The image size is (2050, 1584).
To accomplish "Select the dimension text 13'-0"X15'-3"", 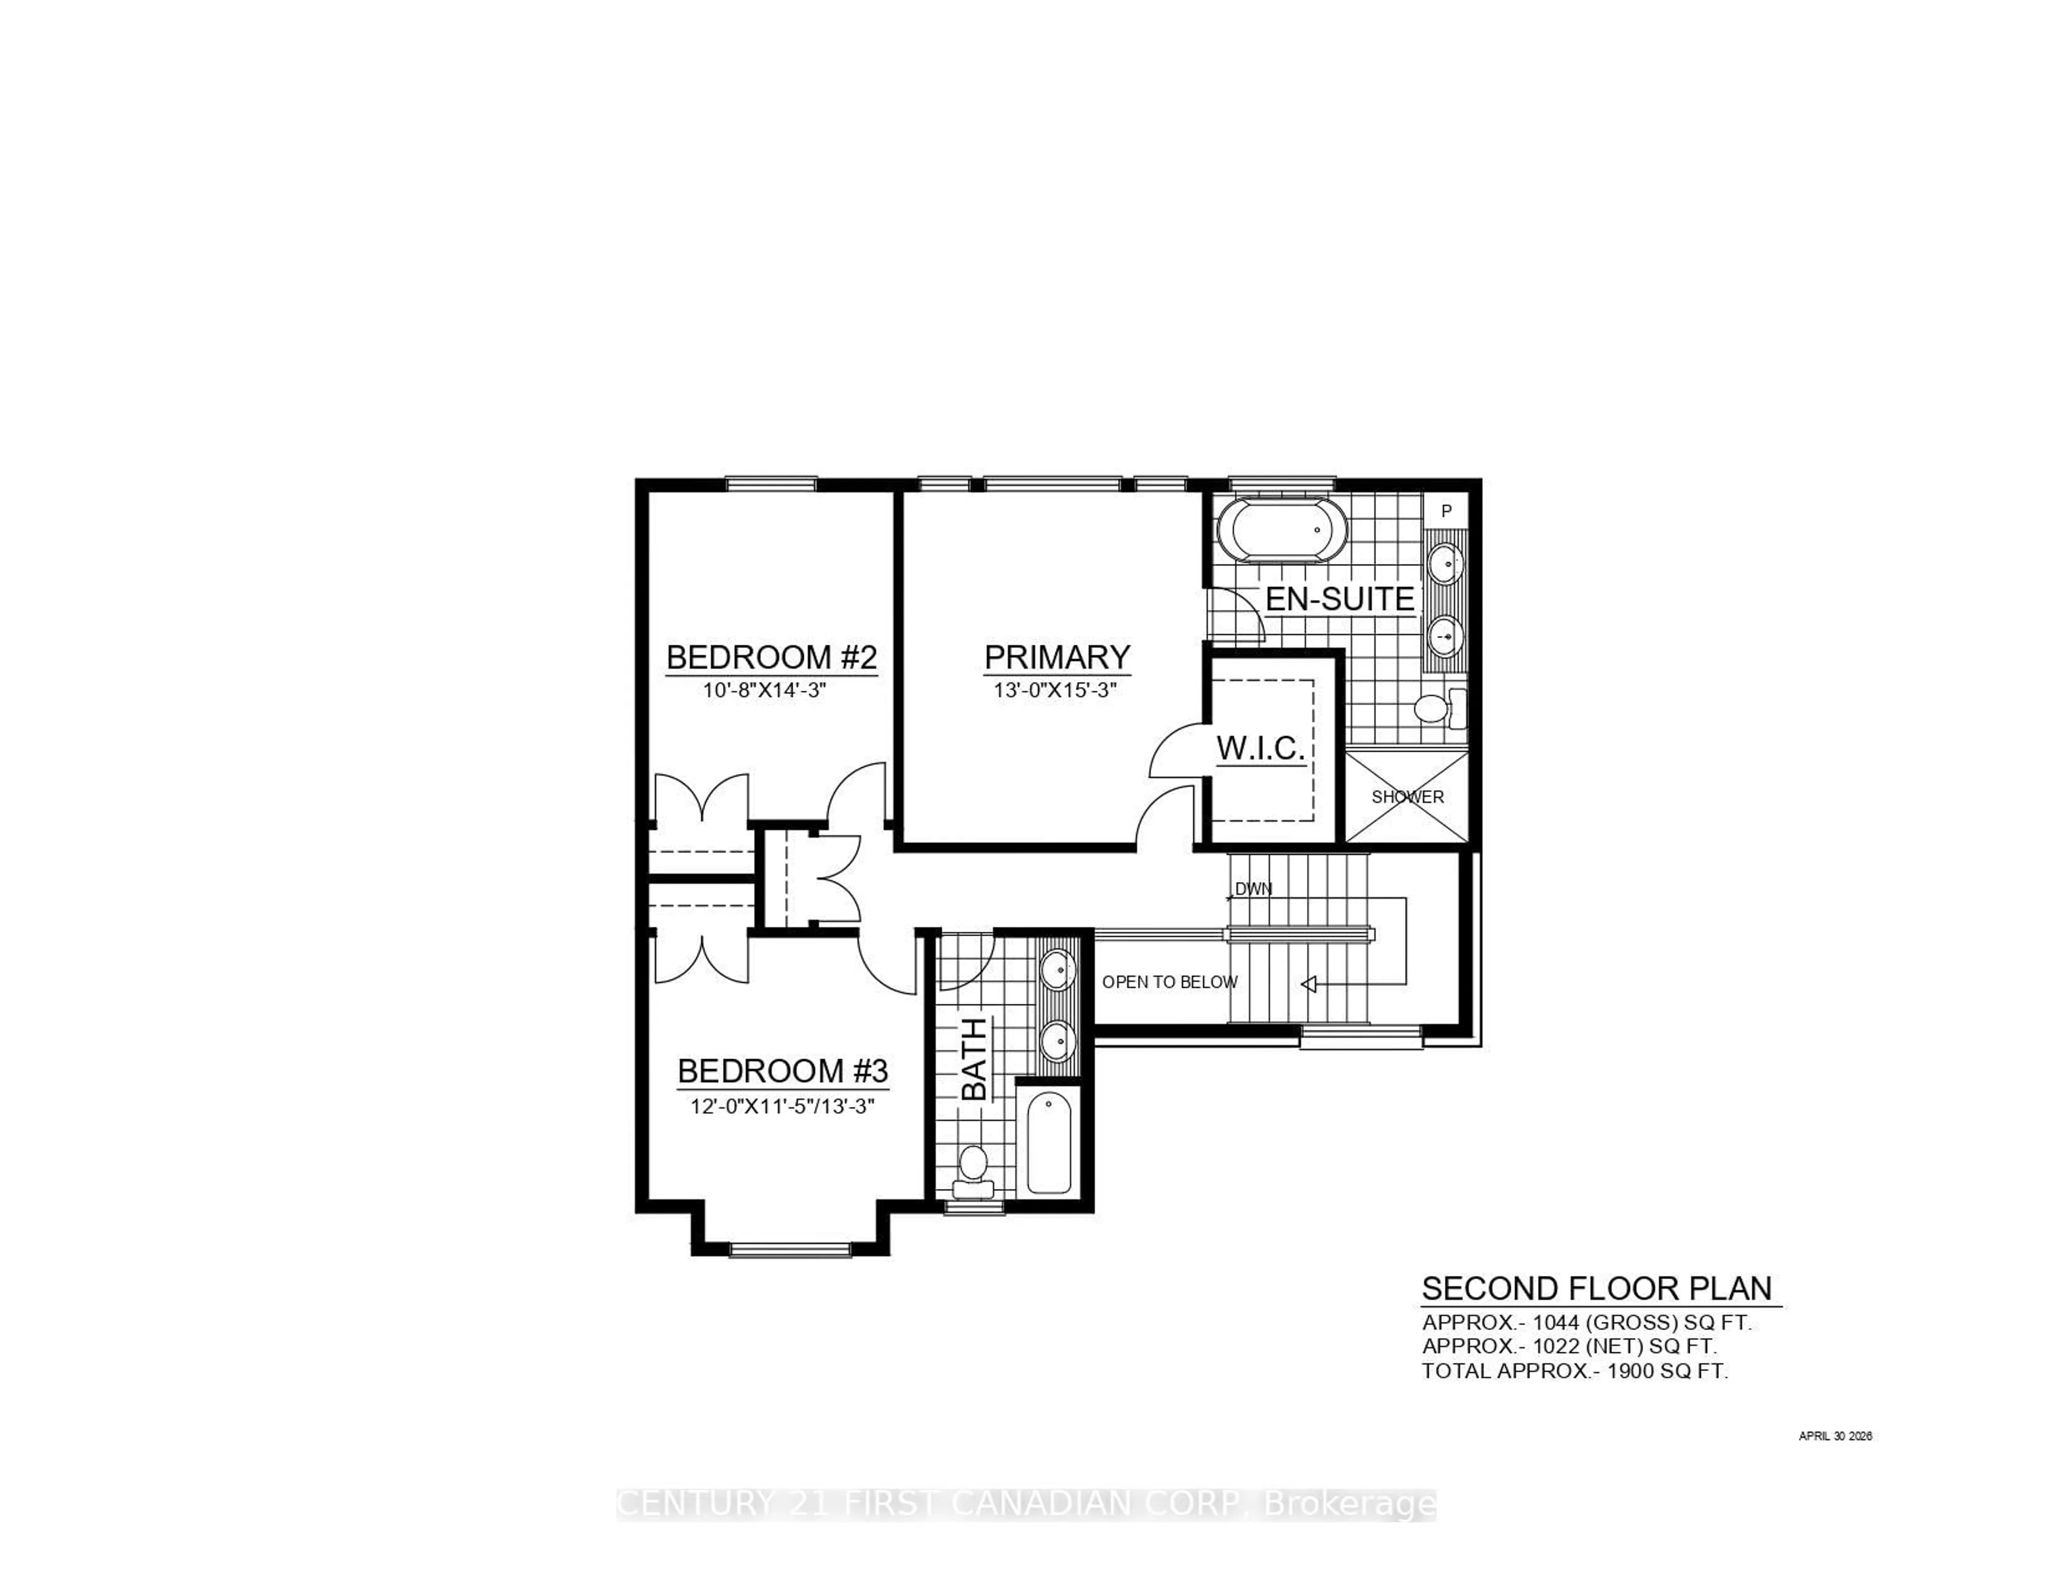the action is pyautogui.click(x=1056, y=690).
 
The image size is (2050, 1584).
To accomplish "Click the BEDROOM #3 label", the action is pyautogui.click(x=783, y=1071).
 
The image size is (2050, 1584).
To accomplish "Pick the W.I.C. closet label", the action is pyautogui.click(x=1260, y=748).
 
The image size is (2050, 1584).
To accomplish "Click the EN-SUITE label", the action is pyautogui.click(x=1339, y=599).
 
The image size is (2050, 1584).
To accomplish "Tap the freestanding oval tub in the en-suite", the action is pyautogui.click(x=1281, y=531).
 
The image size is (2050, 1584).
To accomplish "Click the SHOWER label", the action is pyautogui.click(x=1407, y=797).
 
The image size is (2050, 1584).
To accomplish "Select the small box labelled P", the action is pyautogui.click(x=1446, y=511).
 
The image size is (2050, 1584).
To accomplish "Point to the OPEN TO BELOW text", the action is pyautogui.click(x=1170, y=982).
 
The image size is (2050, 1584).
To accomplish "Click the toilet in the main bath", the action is pyautogui.click(x=973, y=1173).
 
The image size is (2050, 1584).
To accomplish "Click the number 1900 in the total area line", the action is pyautogui.click(x=1629, y=1371).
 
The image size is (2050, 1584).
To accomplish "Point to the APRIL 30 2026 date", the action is pyautogui.click(x=1835, y=1436).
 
